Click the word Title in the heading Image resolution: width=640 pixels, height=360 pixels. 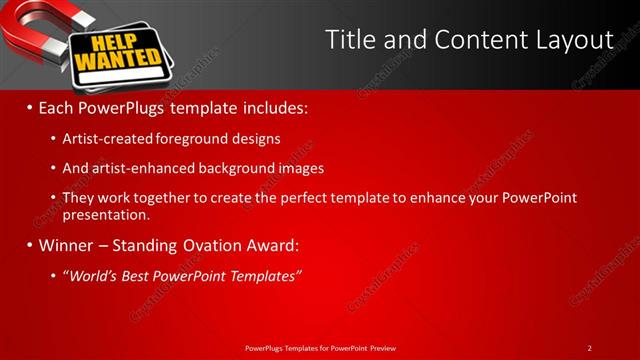point(351,40)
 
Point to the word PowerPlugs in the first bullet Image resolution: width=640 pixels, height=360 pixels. point(126,105)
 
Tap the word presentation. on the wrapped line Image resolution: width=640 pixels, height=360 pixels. point(106,214)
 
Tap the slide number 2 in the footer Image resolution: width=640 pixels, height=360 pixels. point(589,348)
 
